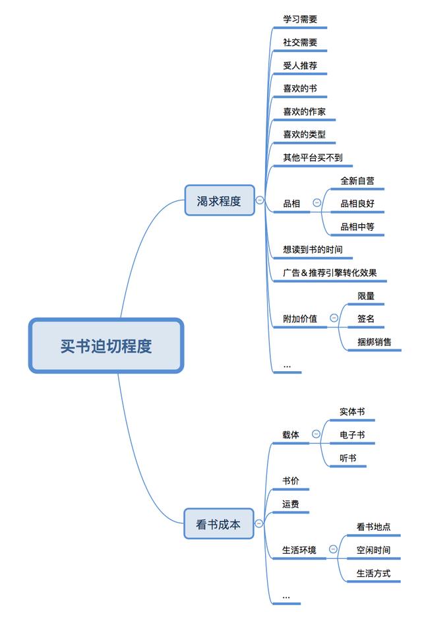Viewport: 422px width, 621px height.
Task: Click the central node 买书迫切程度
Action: click(x=105, y=346)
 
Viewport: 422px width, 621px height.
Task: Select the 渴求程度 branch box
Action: click(x=219, y=200)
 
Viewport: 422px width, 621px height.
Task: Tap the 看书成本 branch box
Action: click(x=219, y=525)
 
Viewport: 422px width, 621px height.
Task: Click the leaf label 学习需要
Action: click(x=300, y=19)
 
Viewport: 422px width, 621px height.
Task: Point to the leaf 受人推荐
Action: click(x=300, y=65)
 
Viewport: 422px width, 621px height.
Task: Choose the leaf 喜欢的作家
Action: click(x=304, y=111)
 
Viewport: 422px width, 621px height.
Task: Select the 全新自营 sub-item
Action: click(x=357, y=181)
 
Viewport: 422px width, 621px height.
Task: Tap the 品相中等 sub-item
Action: click(x=357, y=227)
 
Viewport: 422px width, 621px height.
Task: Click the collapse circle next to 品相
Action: click(x=317, y=203)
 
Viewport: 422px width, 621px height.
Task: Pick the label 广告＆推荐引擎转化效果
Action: click(x=330, y=273)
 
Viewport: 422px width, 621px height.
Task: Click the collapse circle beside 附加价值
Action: click(x=334, y=318)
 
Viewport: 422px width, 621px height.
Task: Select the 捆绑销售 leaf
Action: click(x=375, y=342)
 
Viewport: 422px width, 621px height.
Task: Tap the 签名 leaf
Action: click(x=366, y=319)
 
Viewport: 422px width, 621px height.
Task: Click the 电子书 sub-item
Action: click(x=352, y=434)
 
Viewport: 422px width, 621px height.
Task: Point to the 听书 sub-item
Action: click(x=348, y=458)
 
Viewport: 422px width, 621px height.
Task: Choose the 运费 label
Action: click(x=291, y=504)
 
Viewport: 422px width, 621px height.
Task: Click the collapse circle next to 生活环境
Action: click(x=333, y=549)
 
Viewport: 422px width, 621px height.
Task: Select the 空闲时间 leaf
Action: click(x=373, y=550)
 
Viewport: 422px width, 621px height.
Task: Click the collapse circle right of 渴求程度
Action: click(x=260, y=200)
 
